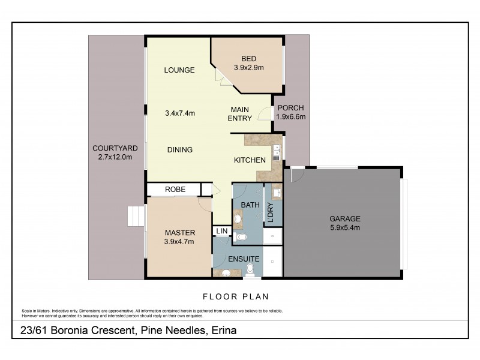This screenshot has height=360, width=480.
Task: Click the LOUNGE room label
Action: [179, 70]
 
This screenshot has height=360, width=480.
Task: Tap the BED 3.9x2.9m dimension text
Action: [248, 68]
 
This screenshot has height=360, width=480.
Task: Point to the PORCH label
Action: [291, 108]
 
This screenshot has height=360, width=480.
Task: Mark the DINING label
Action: [180, 150]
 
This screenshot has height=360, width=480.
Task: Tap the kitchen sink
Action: [277, 151]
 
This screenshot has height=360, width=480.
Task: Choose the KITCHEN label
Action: [250, 160]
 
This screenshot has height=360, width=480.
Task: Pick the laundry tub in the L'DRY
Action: [278, 193]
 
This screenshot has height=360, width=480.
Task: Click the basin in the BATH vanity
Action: [238, 218]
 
